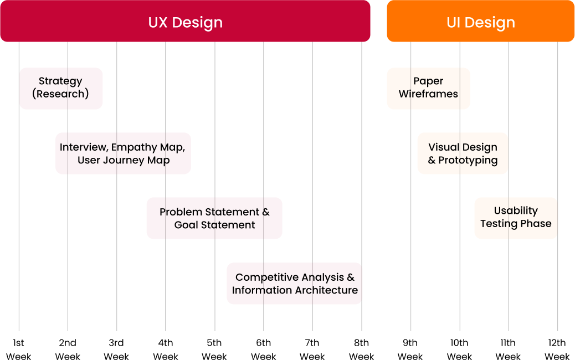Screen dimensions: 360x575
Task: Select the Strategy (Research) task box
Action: coord(61,89)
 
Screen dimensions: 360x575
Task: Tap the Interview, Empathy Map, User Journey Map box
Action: coord(123,153)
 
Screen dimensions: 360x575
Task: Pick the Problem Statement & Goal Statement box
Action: coord(214,218)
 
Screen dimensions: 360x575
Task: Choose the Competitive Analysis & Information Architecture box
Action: coord(294,284)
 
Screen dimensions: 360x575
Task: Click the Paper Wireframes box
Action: coord(428,89)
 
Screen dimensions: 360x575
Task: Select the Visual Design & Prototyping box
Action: coord(463,153)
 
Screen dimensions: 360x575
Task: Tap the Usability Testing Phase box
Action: coord(516,218)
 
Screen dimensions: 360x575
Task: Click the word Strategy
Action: coord(60,81)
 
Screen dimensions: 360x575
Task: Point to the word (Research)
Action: coord(60,94)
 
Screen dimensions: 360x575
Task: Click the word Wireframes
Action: coord(428,94)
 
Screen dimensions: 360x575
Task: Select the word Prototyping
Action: coord(468,161)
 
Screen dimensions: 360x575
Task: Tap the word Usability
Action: coord(516,211)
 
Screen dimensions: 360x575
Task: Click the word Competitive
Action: coord(261,277)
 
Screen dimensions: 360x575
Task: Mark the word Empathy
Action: coord(134,148)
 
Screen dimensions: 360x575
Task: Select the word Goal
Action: coord(186,225)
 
